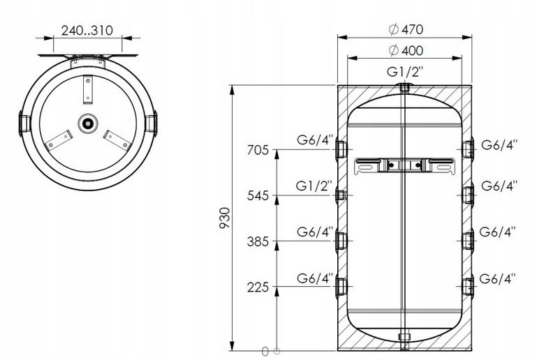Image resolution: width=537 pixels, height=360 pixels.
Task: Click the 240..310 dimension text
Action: (87, 31)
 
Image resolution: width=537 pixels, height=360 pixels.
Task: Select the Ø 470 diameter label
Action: (406, 29)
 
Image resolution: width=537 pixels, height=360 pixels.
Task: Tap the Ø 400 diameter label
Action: (406, 51)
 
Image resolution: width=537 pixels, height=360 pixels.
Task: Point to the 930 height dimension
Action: (225, 218)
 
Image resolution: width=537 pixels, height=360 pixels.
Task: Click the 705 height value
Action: (258, 150)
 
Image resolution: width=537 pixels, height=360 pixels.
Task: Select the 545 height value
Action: (258, 196)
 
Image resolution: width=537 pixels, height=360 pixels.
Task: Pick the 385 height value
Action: (258, 241)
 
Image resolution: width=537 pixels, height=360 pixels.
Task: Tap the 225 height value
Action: (258, 287)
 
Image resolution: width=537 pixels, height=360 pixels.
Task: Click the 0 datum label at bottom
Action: (265, 352)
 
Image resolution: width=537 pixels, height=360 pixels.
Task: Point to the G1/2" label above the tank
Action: (405, 72)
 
